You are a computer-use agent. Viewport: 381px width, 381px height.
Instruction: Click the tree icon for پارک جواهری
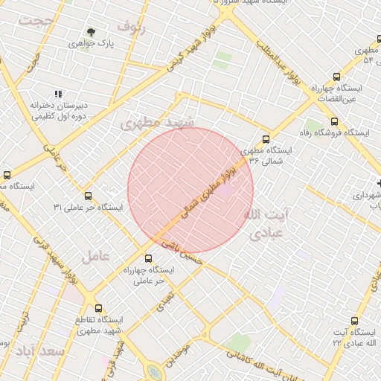92,32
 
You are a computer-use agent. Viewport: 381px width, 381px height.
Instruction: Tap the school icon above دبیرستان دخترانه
58,94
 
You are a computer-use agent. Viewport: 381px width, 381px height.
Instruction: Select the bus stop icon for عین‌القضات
337,76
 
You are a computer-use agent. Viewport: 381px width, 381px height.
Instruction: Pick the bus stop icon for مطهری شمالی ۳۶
266,138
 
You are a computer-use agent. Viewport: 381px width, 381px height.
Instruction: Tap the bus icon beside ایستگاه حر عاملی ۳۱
89,196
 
